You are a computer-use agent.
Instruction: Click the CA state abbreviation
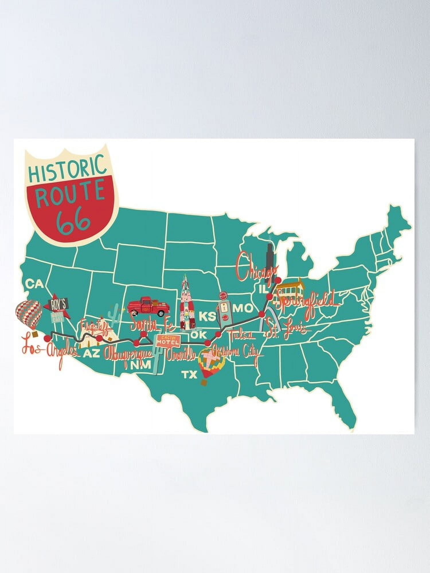tap(34, 284)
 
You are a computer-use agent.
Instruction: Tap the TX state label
tap(189, 374)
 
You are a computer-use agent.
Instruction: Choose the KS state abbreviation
tap(207, 317)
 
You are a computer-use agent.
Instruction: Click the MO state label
tap(243, 308)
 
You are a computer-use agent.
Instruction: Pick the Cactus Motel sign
tap(168, 341)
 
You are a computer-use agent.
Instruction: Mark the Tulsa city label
tap(240, 334)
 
